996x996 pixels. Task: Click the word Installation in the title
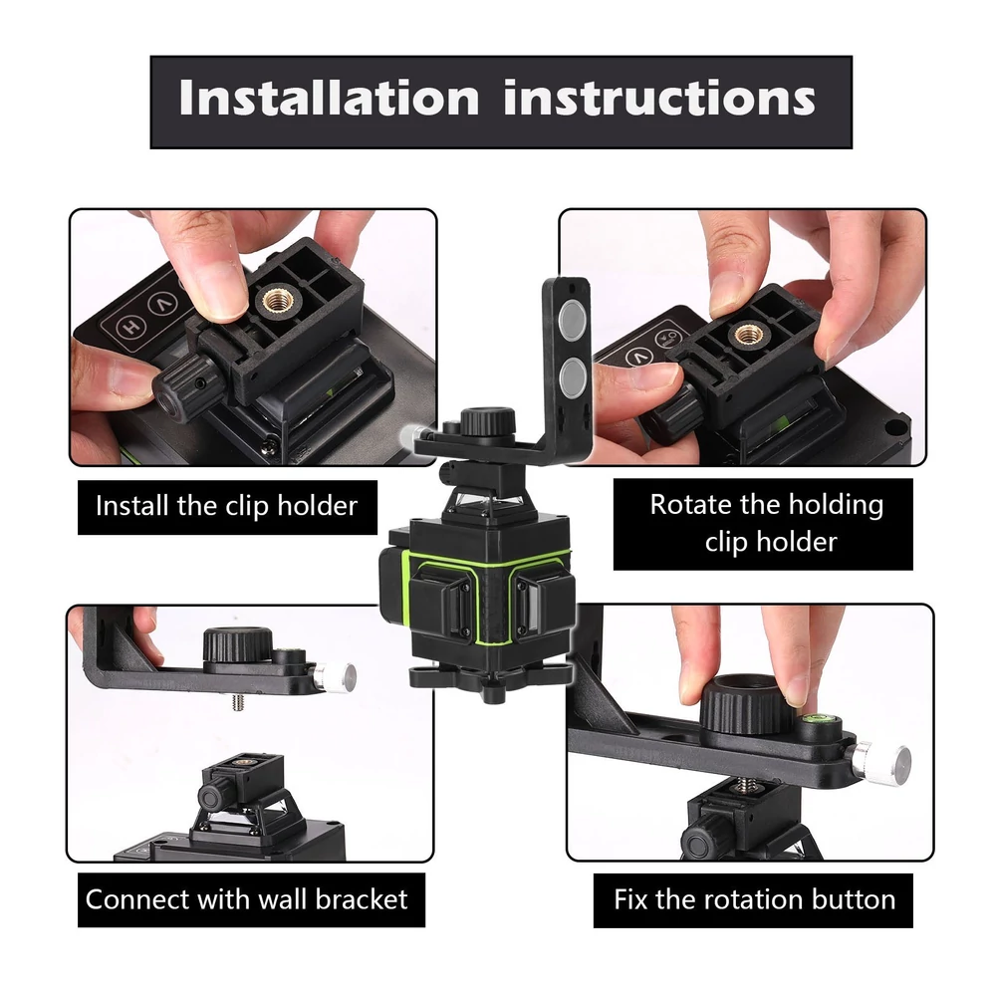coord(329,98)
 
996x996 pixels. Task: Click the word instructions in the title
coord(659,98)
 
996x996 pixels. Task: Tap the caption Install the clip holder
coord(227,507)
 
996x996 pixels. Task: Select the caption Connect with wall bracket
coord(246,899)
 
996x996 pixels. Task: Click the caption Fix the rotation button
coord(754,899)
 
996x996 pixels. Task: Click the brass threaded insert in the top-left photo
coord(276,299)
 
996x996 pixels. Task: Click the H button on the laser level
coord(130,327)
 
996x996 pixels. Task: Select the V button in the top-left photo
coord(163,303)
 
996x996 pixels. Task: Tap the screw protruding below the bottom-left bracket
coord(239,702)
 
